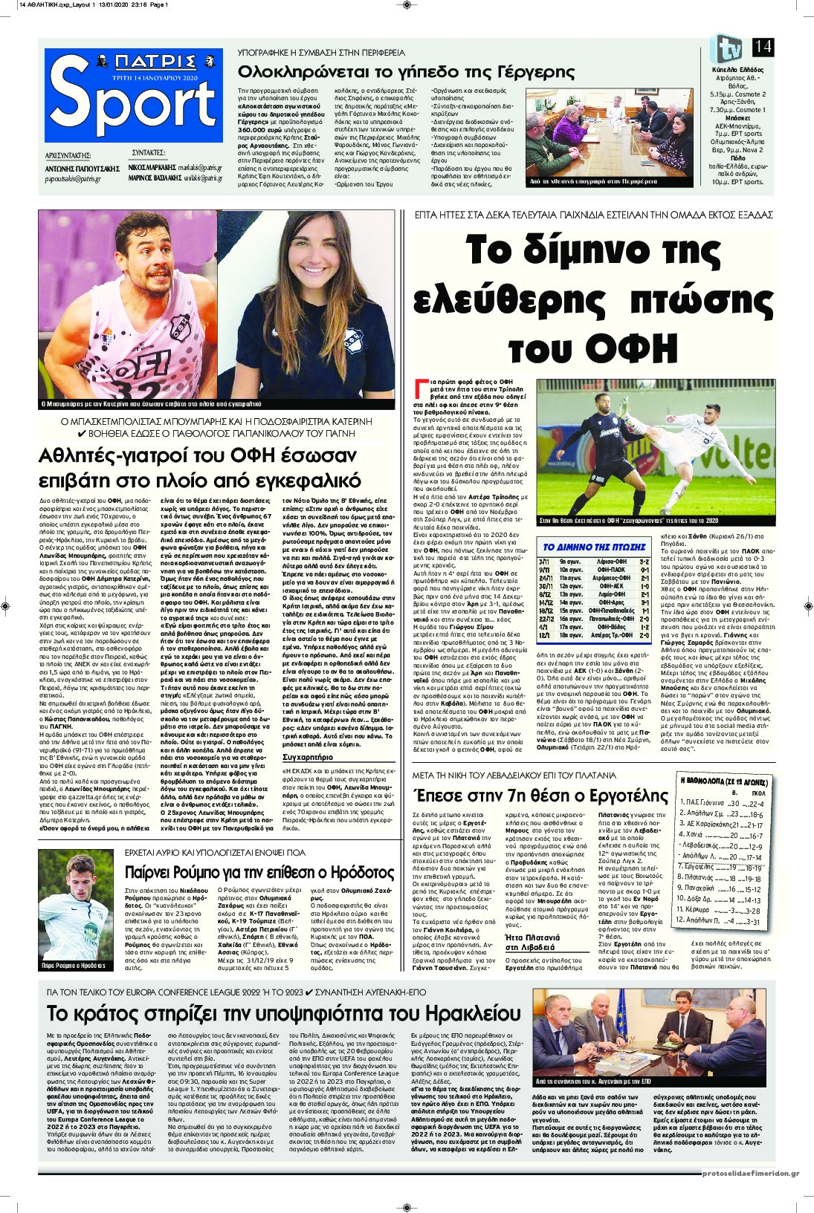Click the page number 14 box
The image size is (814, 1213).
click(x=763, y=48)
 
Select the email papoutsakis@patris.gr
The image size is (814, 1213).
click(x=73, y=179)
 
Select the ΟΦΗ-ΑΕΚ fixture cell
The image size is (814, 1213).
click(x=610, y=586)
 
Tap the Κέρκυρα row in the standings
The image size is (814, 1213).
click(x=700, y=910)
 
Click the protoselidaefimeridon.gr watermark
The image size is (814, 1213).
click(x=751, y=1174)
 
